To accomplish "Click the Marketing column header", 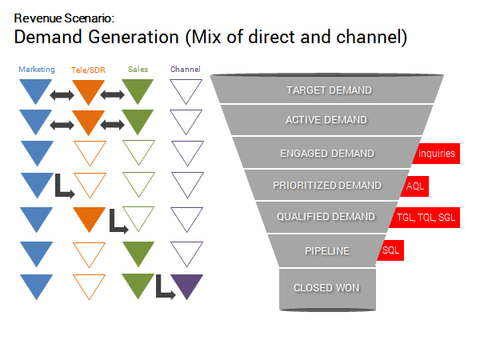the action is pyautogui.click(x=37, y=70).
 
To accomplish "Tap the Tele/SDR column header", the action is pyautogui.click(x=88, y=70).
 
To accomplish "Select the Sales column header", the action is pyautogui.click(x=138, y=70).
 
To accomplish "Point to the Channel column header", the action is pyautogui.click(x=186, y=70).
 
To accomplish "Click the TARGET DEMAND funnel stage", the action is pyautogui.click(x=327, y=90).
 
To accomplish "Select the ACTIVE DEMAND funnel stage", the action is pyautogui.click(x=326, y=120).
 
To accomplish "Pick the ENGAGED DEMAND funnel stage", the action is pyautogui.click(x=327, y=153).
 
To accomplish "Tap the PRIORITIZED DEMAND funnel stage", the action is pyautogui.click(x=327, y=186).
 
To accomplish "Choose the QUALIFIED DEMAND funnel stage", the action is pyautogui.click(x=326, y=217).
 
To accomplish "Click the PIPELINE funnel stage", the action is pyautogui.click(x=327, y=250).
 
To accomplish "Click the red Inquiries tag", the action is pyautogui.click(x=437, y=154).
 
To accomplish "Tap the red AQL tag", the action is pyautogui.click(x=415, y=186).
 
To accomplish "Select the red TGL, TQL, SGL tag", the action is pyautogui.click(x=426, y=218).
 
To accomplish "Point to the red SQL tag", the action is pyautogui.click(x=391, y=250).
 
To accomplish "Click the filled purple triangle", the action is pyautogui.click(x=186, y=285).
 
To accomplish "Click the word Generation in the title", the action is pyautogui.click(x=134, y=37).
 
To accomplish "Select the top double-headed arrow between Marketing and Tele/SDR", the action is pyautogui.click(x=62, y=95).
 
